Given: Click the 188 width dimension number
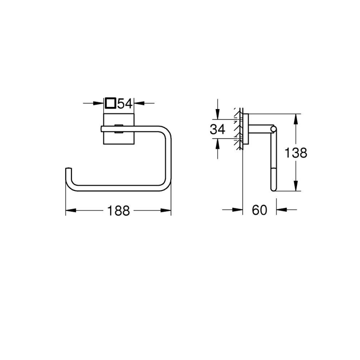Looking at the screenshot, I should (119, 211).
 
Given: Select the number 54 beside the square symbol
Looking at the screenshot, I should (125, 103).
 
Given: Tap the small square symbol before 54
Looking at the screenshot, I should (110, 103).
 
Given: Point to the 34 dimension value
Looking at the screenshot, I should (217, 129).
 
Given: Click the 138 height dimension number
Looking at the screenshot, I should (295, 153).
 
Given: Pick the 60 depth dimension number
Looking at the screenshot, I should (260, 210).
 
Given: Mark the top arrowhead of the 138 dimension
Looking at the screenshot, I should (295, 118).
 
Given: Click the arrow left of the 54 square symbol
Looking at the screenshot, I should (100, 103).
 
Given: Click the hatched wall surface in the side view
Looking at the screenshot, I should (238, 129).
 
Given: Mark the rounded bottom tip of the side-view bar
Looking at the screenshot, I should (273, 189).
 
